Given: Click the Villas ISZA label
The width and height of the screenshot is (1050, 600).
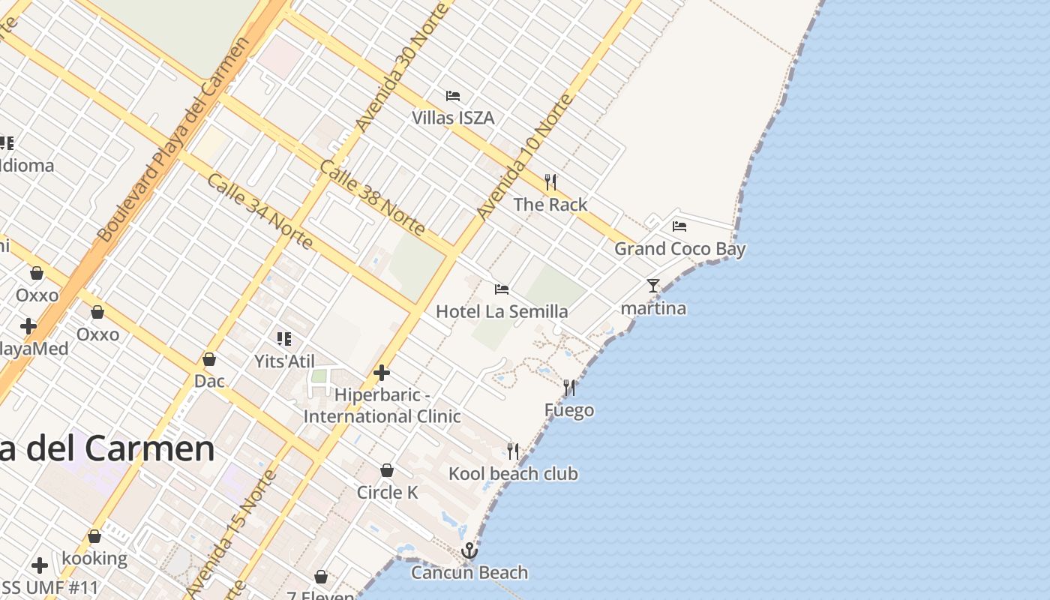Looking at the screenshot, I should [453, 118].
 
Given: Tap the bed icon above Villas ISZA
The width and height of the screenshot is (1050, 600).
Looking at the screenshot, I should [453, 96].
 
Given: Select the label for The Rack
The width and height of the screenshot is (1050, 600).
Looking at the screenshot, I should [550, 204].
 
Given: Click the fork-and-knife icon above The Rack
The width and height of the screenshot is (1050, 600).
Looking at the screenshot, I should [550, 181].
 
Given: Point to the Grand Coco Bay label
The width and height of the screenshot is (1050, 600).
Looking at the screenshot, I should [679, 248].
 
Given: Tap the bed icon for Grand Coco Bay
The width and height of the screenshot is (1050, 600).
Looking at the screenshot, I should [679, 226].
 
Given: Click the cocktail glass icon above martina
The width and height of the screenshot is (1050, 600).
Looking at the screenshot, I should [653, 286].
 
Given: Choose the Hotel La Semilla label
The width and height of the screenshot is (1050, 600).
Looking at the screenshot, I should [502, 311].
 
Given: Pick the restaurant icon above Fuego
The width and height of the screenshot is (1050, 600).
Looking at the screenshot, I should [569, 388].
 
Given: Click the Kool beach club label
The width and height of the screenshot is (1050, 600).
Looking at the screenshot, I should [513, 473].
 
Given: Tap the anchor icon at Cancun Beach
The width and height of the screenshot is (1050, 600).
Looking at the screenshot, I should [469, 551].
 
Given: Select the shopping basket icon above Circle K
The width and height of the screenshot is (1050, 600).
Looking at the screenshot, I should [387, 470].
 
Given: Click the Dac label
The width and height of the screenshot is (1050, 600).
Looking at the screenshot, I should [209, 381].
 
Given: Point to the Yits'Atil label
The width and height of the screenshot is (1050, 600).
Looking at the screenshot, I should [284, 361].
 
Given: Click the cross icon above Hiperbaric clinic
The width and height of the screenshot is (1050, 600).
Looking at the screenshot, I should [382, 372].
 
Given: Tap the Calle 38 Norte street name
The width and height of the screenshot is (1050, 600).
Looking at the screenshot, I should [372, 197].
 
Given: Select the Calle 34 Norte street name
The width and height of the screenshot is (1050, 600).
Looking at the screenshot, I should [259, 211].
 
